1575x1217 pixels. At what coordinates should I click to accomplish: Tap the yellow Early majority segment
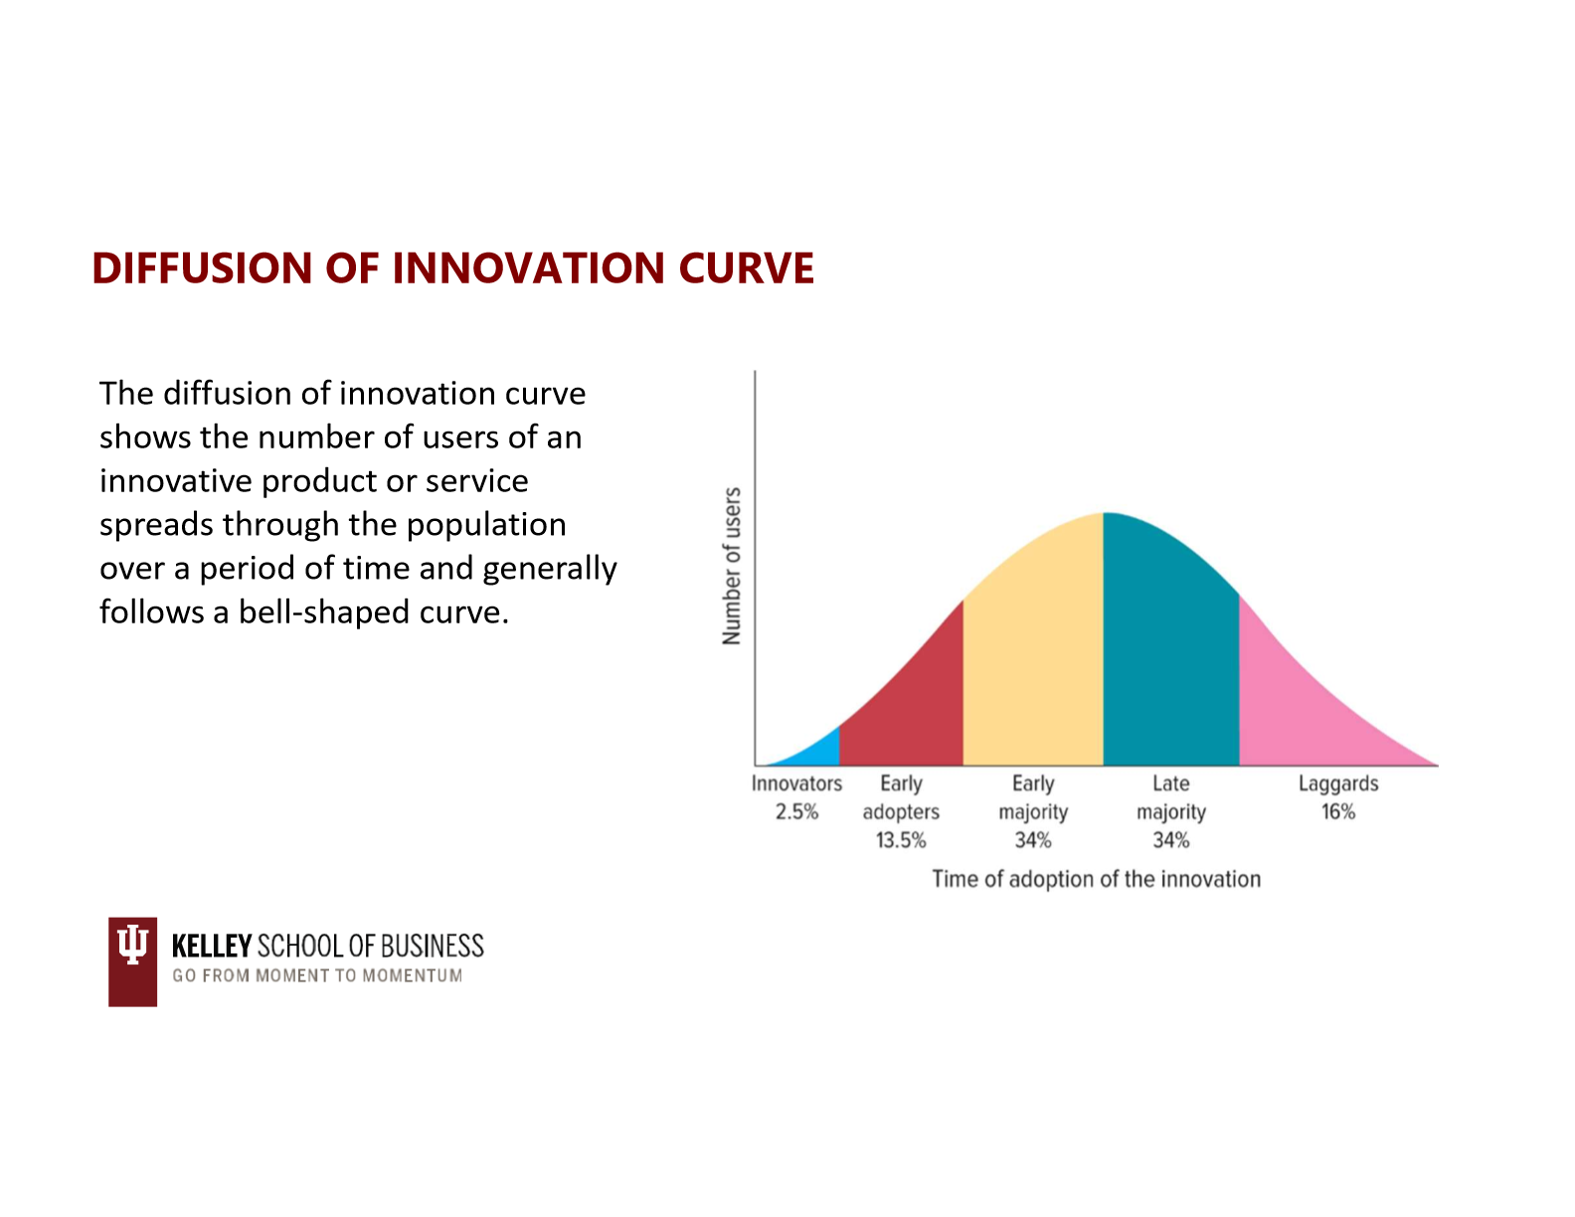point(1033,652)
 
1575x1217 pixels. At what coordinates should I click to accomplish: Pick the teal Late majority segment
point(1170,652)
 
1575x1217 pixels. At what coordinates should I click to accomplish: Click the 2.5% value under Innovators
point(796,811)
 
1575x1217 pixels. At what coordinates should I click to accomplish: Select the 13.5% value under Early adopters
point(901,840)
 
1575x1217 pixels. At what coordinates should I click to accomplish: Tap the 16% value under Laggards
point(1338,811)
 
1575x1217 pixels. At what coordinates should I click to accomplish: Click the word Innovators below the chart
point(796,783)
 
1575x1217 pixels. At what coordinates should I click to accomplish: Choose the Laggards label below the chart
point(1338,784)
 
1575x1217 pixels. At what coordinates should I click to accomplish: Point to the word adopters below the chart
point(901,812)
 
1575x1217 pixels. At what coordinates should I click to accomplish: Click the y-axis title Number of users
point(732,566)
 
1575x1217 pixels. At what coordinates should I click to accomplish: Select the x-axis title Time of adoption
point(1096,879)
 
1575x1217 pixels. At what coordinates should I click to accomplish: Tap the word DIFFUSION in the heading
point(202,268)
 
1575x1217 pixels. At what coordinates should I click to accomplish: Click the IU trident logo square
point(132,961)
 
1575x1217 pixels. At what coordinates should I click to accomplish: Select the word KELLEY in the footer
point(212,947)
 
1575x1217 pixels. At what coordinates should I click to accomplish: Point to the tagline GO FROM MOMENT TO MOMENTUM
point(317,975)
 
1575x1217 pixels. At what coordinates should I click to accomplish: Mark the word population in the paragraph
point(486,526)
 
